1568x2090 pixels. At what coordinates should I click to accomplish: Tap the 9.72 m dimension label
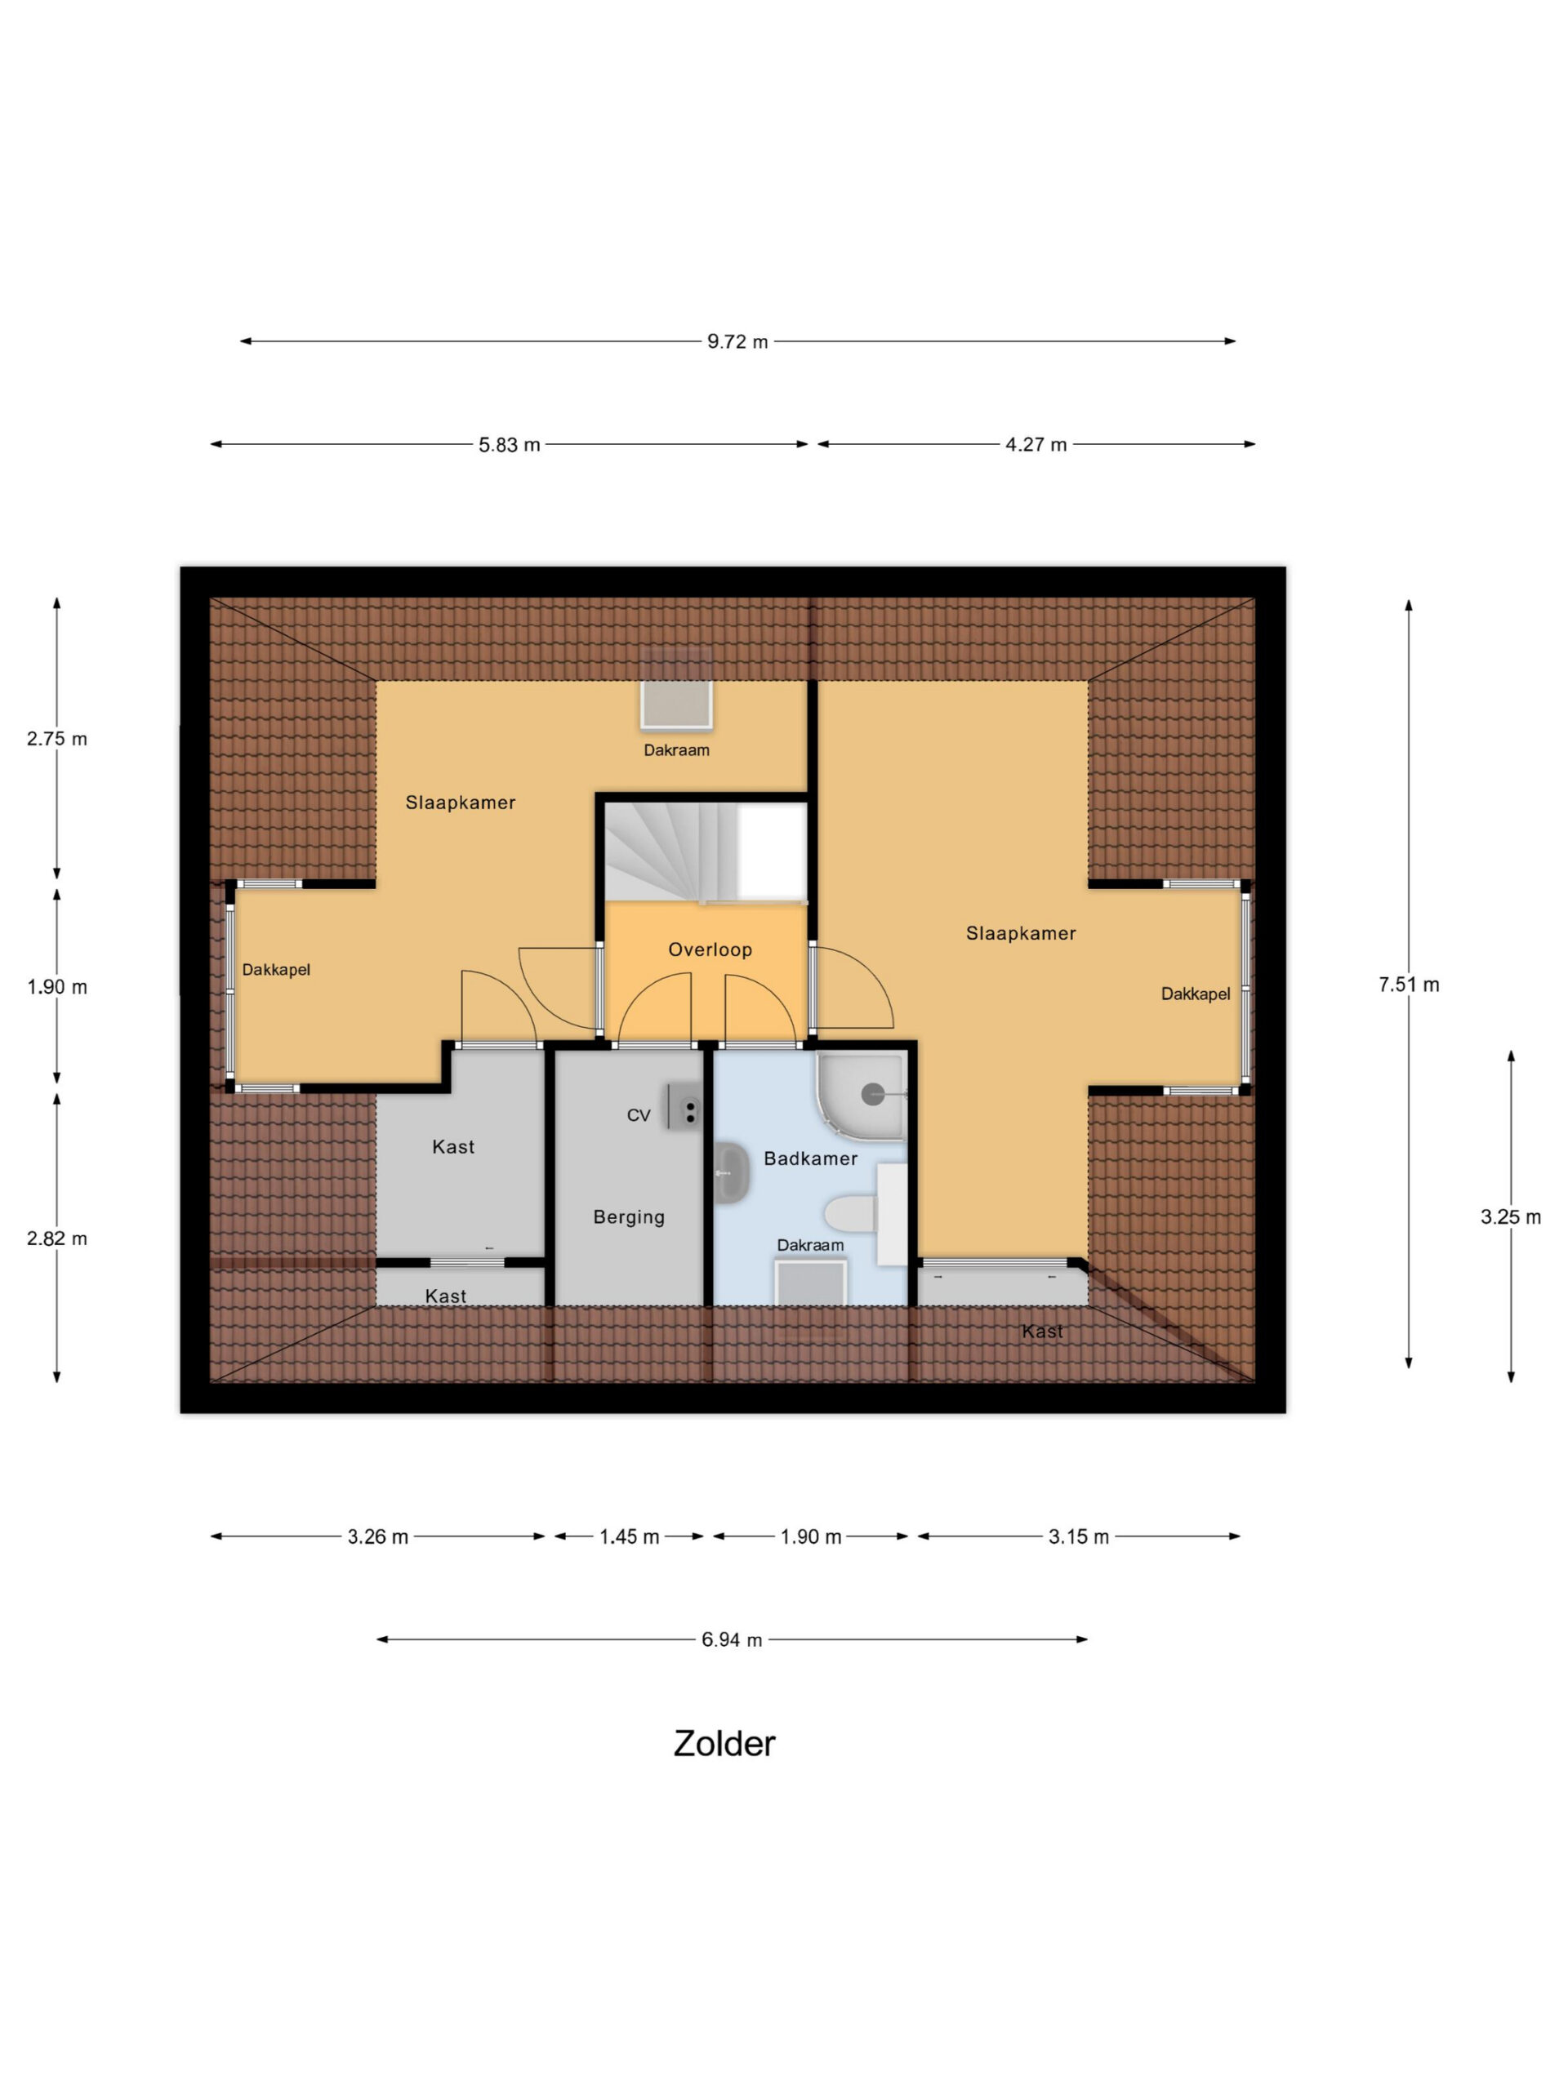pyautogui.click(x=737, y=342)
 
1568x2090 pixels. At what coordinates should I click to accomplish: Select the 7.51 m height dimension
pyautogui.click(x=1408, y=985)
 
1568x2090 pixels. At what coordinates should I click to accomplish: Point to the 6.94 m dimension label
pyautogui.click(x=732, y=1640)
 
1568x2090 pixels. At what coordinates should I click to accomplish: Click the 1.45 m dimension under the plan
pyautogui.click(x=629, y=1537)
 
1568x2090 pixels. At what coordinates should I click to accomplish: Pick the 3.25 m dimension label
pyautogui.click(x=1510, y=1217)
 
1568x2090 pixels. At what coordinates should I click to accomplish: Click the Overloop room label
pyautogui.click(x=710, y=949)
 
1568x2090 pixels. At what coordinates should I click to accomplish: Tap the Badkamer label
pyautogui.click(x=810, y=1158)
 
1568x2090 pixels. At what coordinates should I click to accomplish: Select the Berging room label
pyautogui.click(x=629, y=1217)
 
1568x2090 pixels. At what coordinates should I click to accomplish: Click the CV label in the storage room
pyautogui.click(x=638, y=1115)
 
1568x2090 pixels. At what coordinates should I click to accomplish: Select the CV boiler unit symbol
pyautogui.click(x=684, y=1106)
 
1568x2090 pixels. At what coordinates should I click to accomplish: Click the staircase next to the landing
pyautogui.click(x=705, y=852)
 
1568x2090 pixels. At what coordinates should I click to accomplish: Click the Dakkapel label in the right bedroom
pyautogui.click(x=1195, y=994)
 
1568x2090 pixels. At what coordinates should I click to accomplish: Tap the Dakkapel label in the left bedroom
pyautogui.click(x=276, y=969)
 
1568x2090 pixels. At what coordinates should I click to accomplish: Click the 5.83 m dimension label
pyautogui.click(x=509, y=445)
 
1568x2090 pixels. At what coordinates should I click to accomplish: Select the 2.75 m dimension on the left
pyautogui.click(x=56, y=739)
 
